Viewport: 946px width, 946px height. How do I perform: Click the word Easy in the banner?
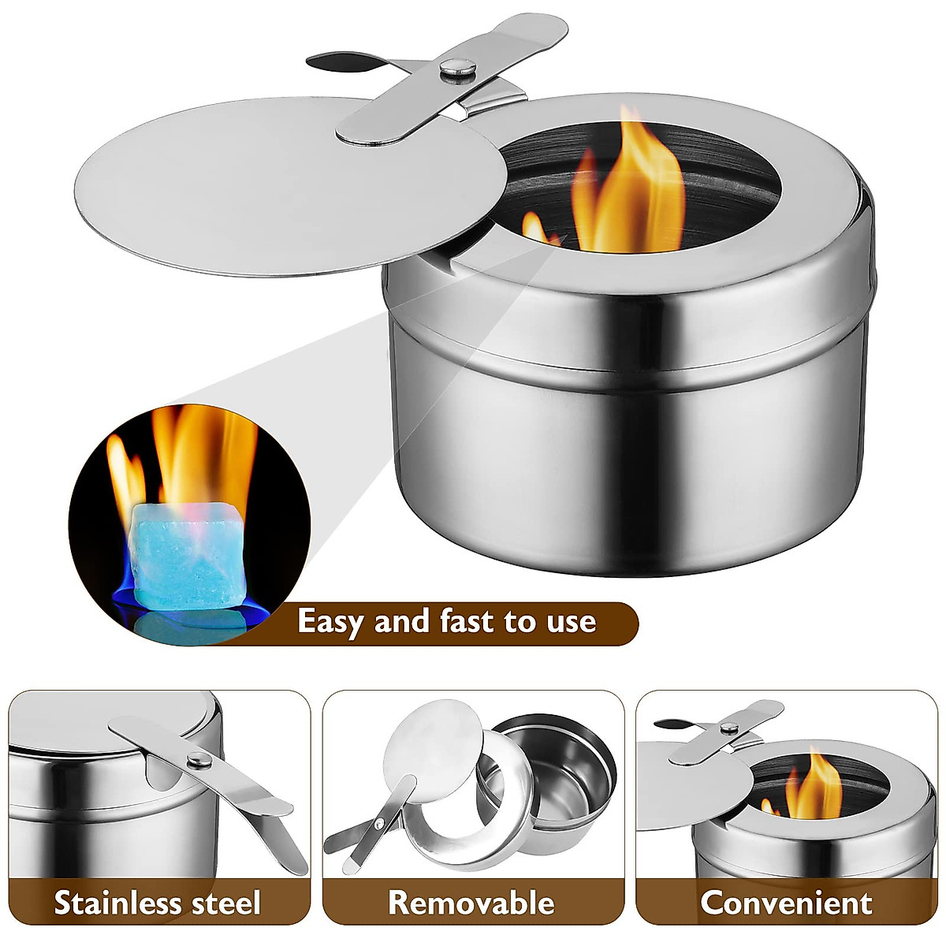331,622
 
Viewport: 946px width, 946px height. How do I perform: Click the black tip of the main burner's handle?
335,61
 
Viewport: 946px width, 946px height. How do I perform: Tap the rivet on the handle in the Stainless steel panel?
199,760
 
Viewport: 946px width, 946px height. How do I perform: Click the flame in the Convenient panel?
816,784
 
